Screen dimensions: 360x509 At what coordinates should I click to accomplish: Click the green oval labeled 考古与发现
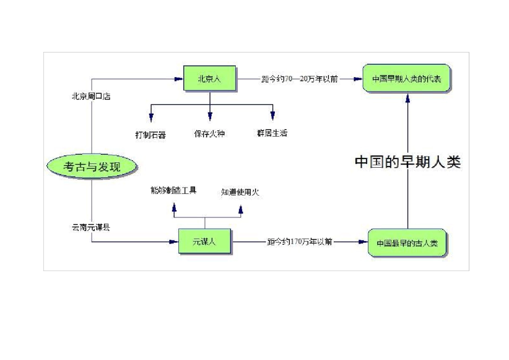pyautogui.click(x=92, y=167)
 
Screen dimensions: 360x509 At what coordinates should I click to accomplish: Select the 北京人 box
pyautogui.click(x=209, y=79)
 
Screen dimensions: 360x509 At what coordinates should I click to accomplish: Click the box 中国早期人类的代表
pyautogui.click(x=407, y=79)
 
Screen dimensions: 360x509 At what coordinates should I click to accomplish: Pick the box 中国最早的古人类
pyautogui.click(x=407, y=243)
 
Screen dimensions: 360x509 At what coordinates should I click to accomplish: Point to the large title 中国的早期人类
pyautogui.click(x=408, y=162)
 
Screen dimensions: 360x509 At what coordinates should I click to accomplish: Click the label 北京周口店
pyautogui.click(x=91, y=97)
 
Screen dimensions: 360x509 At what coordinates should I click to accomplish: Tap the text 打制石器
pyautogui.click(x=151, y=134)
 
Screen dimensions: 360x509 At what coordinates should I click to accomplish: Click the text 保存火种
pyautogui.click(x=209, y=133)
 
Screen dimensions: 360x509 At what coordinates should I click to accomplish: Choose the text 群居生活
pyautogui.click(x=272, y=133)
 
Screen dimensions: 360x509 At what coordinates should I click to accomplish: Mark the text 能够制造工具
pyautogui.click(x=174, y=190)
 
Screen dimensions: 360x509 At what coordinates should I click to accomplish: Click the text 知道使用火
pyautogui.click(x=240, y=192)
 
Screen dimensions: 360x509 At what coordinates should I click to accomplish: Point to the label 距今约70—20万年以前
pyautogui.click(x=300, y=79)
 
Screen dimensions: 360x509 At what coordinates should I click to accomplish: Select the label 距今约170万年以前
pyautogui.click(x=300, y=242)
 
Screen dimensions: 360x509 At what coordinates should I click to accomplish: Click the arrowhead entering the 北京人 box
pyautogui.click(x=179, y=79)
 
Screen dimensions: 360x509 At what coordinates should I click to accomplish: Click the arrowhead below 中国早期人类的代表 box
pyautogui.click(x=408, y=98)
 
